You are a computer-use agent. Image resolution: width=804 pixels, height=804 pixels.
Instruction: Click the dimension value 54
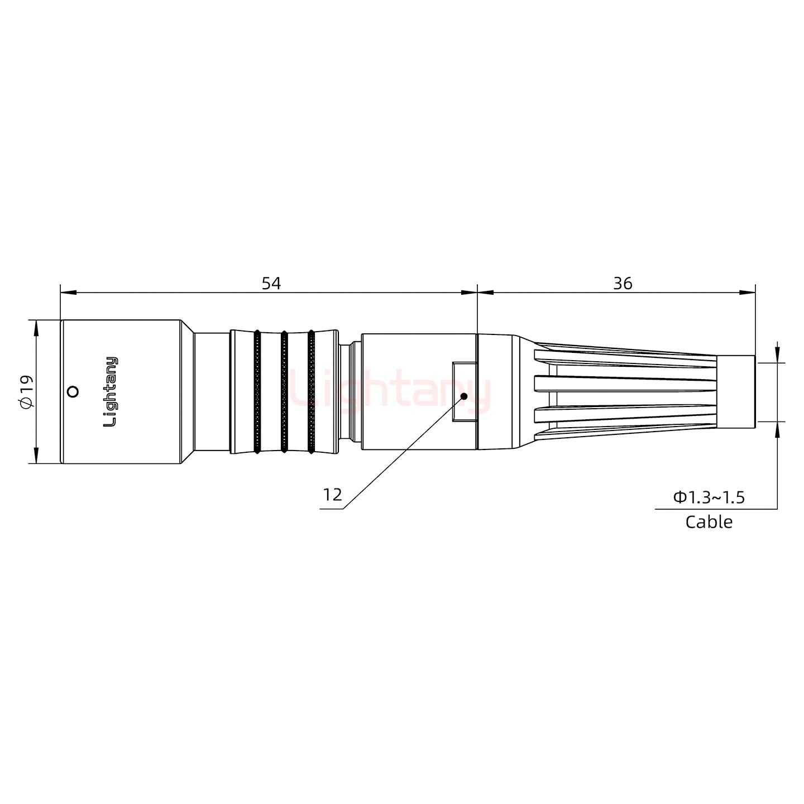(271, 283)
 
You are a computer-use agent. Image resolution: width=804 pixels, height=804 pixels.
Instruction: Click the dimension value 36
(623, 283)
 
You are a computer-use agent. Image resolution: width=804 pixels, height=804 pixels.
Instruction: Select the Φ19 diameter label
(26, 391)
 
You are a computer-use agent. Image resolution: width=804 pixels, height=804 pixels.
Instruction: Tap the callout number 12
(332, 495)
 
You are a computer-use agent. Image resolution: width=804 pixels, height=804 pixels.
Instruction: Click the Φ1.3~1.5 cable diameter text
(709, 497)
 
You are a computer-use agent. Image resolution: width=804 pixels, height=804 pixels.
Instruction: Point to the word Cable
(709, 522)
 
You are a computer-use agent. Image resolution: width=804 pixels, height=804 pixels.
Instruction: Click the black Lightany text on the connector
(111, 391)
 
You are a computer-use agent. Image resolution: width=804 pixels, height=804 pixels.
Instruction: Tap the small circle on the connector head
(72, 391)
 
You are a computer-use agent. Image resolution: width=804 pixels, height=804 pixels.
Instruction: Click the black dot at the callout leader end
(463, 396)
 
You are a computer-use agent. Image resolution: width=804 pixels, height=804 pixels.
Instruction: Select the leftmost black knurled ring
(257, 391)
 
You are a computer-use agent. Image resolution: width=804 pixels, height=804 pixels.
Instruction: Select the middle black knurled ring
(284, 391)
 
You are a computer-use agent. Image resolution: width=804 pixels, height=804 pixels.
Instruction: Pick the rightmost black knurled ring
(311, 391)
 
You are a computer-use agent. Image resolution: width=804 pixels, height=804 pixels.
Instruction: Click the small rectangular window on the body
(464, 391)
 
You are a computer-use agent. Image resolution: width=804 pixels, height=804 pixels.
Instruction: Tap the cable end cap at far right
(736, 391)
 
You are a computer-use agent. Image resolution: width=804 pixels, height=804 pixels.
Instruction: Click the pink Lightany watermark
(391, 391)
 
